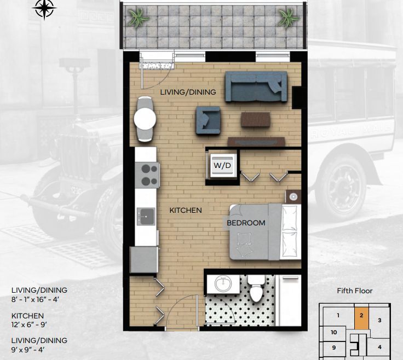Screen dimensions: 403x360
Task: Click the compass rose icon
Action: coord(44,8)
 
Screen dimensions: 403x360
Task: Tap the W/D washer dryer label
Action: coord(222,165)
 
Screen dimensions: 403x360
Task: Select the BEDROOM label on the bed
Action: coord(246,223)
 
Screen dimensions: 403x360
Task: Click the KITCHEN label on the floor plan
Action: coord(186,210)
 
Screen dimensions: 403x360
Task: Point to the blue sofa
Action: coord(256,86)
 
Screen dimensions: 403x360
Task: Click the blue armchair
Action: coord(208,120)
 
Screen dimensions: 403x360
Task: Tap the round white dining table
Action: coord(145,119)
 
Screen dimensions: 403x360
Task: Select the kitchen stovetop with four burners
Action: coord(147,175)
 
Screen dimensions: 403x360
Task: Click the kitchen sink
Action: coord(146,217)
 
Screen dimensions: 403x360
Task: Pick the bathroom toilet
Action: coord(256,288)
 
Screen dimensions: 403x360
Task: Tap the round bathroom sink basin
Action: coord(223,284)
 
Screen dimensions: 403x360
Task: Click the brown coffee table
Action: coord(256,120)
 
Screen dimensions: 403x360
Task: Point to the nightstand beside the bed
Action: coord(293,197)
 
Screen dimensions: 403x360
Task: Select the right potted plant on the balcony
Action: coord(289,18)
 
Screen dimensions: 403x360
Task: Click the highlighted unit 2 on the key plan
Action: coord(361,318)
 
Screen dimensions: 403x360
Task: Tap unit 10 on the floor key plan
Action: coord(333,332)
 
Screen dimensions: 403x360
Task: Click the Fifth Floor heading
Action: coord(355,291)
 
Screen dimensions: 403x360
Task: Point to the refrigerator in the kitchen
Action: coord(144,259)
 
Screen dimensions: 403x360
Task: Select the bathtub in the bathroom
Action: coord(288,300)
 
